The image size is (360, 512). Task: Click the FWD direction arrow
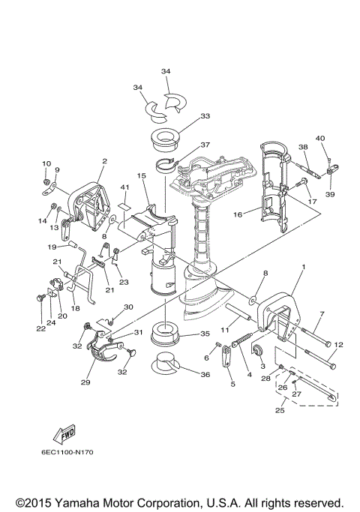[x=61, y=434]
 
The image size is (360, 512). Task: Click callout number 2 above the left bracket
[x=104, y=160]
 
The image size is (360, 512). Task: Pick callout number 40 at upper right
[x=319, y=138]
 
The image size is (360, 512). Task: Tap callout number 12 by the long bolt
[x=338, y=345]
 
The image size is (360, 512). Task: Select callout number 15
[x=140, y=176]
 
